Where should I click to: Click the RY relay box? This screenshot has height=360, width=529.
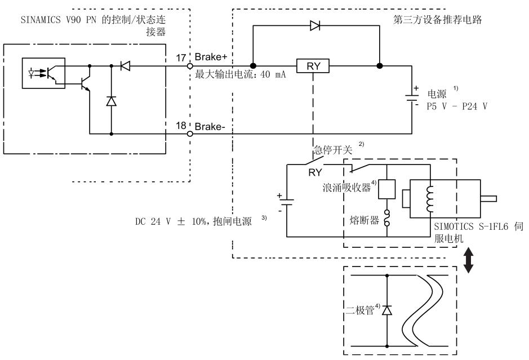point(313,66)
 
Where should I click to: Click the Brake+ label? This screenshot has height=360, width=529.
point(210,58)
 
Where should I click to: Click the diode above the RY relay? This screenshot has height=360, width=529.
point(316,26)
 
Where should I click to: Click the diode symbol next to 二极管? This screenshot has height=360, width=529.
point(386,310)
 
